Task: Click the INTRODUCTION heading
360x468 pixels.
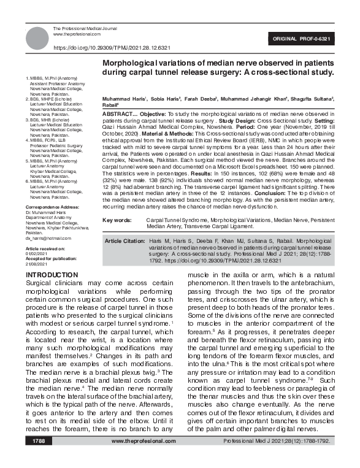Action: (53, 274)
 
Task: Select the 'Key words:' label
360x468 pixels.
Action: (117, 220)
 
